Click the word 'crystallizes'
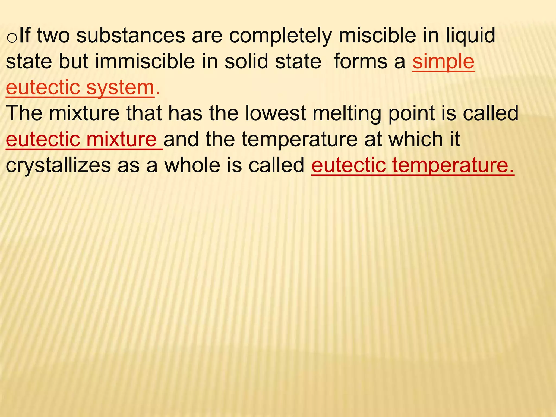point(58,166)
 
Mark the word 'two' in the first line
point(53,36)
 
